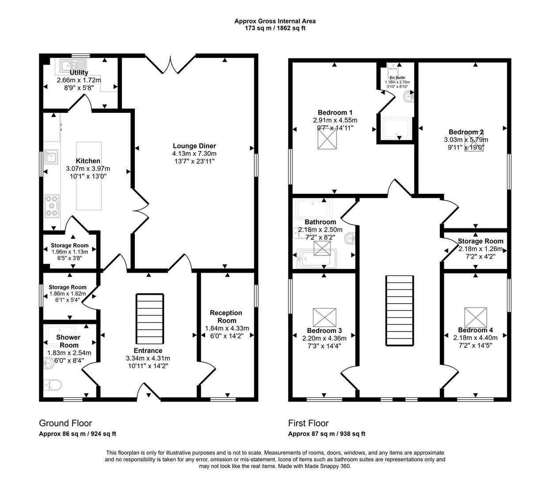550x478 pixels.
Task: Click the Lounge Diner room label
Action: pos(194,146)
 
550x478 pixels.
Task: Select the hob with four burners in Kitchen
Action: pos(52,206)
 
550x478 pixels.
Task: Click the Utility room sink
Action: pos(71,65)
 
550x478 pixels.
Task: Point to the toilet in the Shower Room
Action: pos(53,385)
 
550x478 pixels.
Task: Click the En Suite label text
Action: pos(397,77)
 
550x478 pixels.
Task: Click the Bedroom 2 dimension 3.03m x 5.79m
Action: pos(466,140)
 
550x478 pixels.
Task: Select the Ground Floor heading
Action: pos(65,423)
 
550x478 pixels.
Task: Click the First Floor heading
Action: pos(308,423)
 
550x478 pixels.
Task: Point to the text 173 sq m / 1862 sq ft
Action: pos(275,28)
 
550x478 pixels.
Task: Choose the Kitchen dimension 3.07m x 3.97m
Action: pos(88,169)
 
